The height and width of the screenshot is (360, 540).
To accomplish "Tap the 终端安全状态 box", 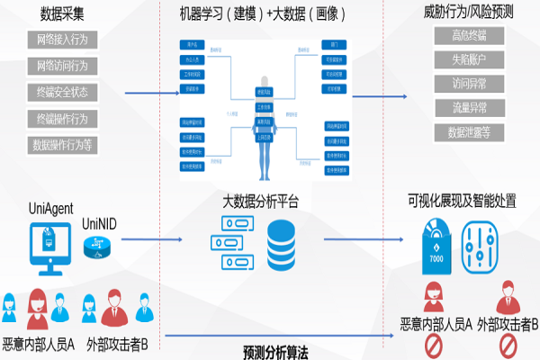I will (x=64, y=93).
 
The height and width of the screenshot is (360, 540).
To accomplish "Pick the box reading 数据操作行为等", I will (x=64, y=143).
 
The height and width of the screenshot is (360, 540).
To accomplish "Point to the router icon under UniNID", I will (x=98, y=247).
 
